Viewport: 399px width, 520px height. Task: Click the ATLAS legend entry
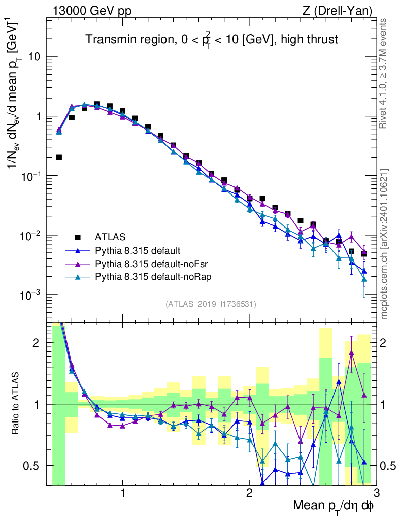[x=109, y=237]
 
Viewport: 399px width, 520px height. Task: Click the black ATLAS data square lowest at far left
[x=59, y=157]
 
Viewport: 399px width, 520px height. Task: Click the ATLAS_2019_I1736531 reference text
[x=211, y=304]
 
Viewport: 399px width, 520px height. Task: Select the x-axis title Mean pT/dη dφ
[x=334, y=506]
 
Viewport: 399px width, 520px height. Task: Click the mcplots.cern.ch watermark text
[x=385, y=244]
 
